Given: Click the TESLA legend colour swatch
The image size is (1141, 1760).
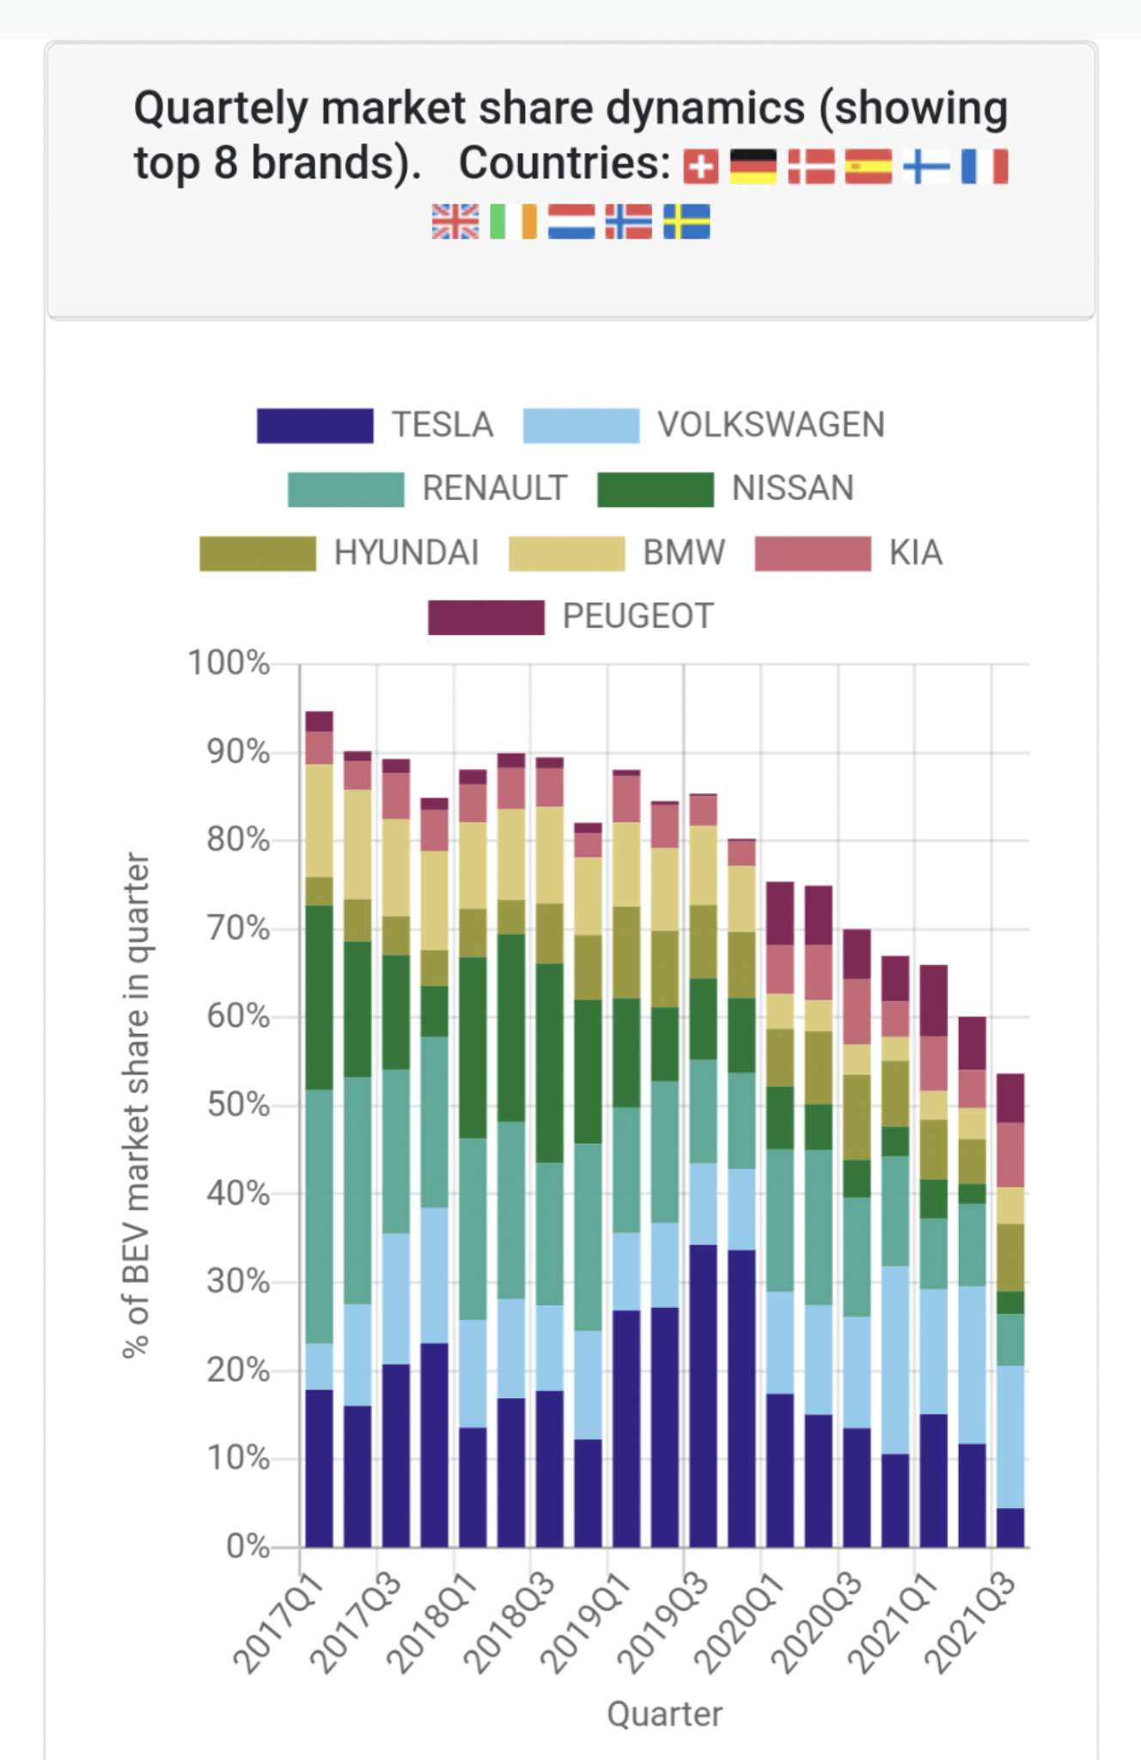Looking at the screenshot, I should click(x=314, y=425).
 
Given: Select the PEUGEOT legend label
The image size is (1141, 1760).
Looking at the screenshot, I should click(x=638, y=616).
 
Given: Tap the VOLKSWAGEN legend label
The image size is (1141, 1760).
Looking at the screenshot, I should click(x=771, y=425).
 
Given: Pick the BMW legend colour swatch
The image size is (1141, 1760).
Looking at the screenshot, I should click(x=566, y=553).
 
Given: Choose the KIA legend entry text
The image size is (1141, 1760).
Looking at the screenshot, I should click(x=916, y=553).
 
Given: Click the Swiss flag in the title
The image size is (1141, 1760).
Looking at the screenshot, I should click(x=700, y=167).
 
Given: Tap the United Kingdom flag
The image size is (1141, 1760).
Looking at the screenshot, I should click(x=455, y=222).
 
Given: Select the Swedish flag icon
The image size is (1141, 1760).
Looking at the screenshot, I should click(x=686, y=222).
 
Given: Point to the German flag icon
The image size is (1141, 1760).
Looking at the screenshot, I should click(x=753, y=167).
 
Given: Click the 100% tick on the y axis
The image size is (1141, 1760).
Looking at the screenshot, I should click(x=229, y=663).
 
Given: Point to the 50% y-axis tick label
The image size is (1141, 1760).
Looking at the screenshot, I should click(x=237, y=1105).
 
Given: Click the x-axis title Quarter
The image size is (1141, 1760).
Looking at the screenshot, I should click(x=664, y=1714).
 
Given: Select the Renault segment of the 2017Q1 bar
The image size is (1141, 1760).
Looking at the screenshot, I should click(x=319, y=1216).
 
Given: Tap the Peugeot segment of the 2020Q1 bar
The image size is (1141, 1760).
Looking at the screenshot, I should click(x=780, y=913).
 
